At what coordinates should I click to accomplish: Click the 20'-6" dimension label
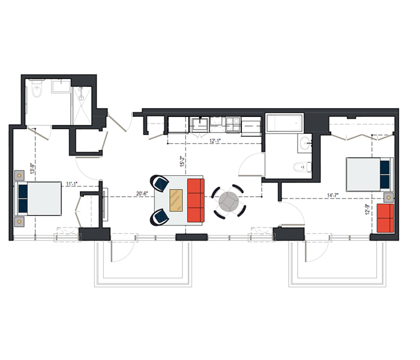click(x=142, y=193)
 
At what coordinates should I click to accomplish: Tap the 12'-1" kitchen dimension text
click(x=215, y=140)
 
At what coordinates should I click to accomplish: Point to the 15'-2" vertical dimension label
click(x=183, y=161)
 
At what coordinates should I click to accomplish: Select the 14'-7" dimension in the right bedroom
click(x=332, y=195)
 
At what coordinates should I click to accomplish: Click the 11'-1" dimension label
click(x=72, y=184)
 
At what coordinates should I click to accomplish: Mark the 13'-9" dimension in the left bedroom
click(x=32, y=169)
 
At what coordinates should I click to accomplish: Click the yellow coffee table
click(x=176, y=200)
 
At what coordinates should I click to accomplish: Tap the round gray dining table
click(x=229, y=202)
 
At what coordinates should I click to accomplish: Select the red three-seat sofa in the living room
click(x=196, y=200)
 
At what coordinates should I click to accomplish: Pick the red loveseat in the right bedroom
click(x=385, y=218)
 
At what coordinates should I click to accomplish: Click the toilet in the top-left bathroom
click(x=37, y=89)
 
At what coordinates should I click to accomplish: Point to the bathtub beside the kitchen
click(x=284, y=123)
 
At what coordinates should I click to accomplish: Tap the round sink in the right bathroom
click(x=305, y=143)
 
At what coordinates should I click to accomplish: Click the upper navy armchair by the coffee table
click(x=160, y=184)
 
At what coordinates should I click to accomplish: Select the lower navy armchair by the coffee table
click(x=160, y=217)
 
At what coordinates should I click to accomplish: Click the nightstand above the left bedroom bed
click(x=19, y=175)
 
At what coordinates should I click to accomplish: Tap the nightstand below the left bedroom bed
click(x=19, y=222)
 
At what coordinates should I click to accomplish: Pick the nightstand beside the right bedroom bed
click(x=389, y=197)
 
